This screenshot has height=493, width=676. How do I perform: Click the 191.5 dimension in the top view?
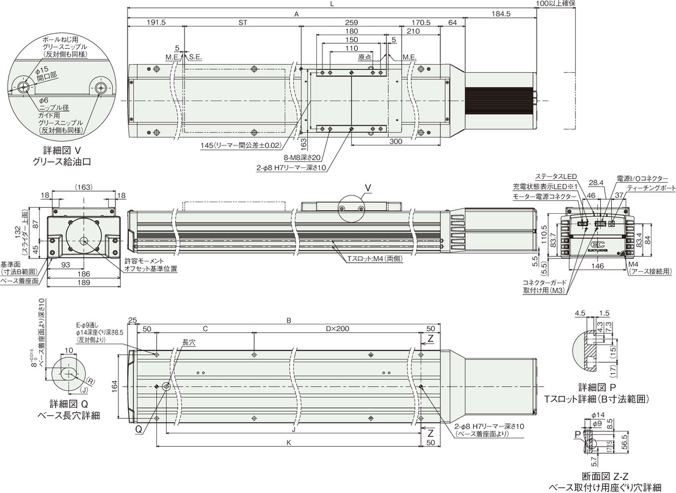156,22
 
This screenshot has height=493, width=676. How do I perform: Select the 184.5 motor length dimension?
500,13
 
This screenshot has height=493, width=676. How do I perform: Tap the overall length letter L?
331,4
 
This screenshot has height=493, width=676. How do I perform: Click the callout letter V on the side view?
368,186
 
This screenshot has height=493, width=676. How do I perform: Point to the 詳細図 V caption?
62,150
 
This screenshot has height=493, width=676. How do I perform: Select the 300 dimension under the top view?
396,141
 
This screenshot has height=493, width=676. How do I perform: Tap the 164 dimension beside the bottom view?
115,386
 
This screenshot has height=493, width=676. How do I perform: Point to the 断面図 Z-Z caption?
605,476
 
